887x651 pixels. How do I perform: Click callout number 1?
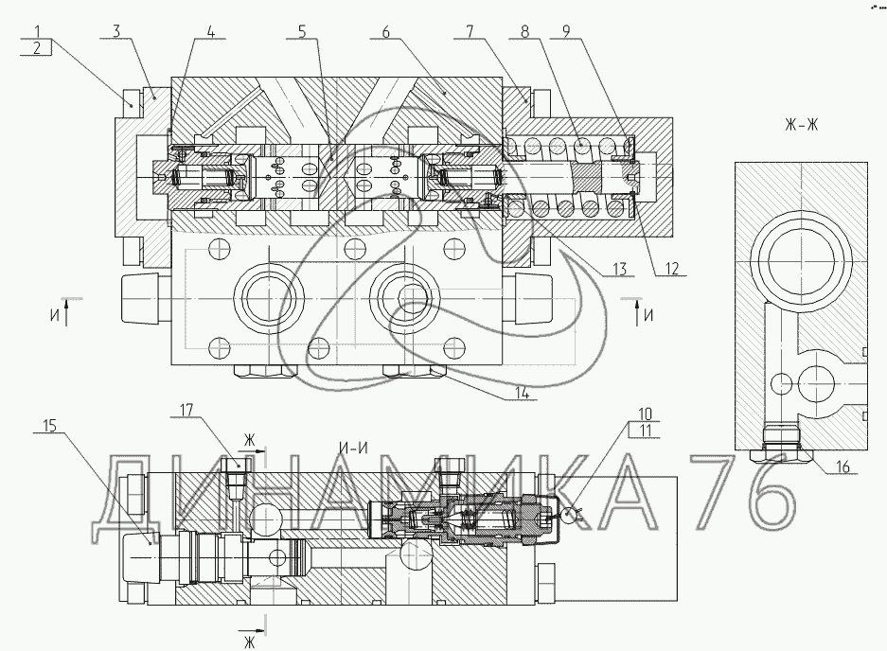pos(37,30)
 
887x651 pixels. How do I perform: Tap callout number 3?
pos(116,30)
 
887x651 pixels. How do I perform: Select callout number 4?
pos(210,31)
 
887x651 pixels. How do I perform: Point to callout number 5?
pos(302,31)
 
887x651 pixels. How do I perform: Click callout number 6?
pos(385,31)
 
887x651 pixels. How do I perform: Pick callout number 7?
pos(470,31)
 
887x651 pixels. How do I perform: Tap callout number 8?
pos(524,31)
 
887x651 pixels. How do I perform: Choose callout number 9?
pos(567,31)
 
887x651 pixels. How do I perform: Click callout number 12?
pos(671,268)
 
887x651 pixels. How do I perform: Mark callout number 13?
pos(619,269)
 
